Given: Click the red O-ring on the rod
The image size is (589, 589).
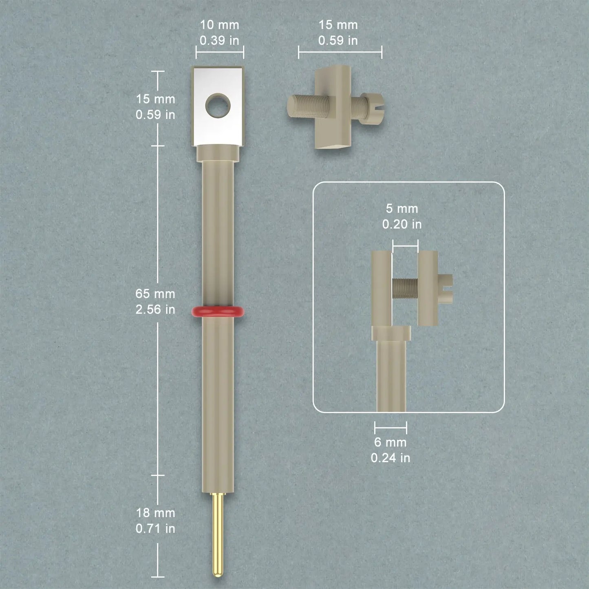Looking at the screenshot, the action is (218, 311).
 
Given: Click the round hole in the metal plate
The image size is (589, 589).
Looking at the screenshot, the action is (218, 106).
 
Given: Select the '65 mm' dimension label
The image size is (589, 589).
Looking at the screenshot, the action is (155, 294).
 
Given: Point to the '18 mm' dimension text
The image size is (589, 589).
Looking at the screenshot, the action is (155, 513).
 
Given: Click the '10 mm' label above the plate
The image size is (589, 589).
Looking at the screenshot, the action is (219, 25).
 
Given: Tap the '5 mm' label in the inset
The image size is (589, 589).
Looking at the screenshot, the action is (401, 208).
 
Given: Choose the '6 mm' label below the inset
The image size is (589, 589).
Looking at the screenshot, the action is (390, 442).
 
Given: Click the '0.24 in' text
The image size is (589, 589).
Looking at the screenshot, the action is (390, 458).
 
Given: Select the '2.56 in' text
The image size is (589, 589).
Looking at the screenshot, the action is (155, 309).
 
